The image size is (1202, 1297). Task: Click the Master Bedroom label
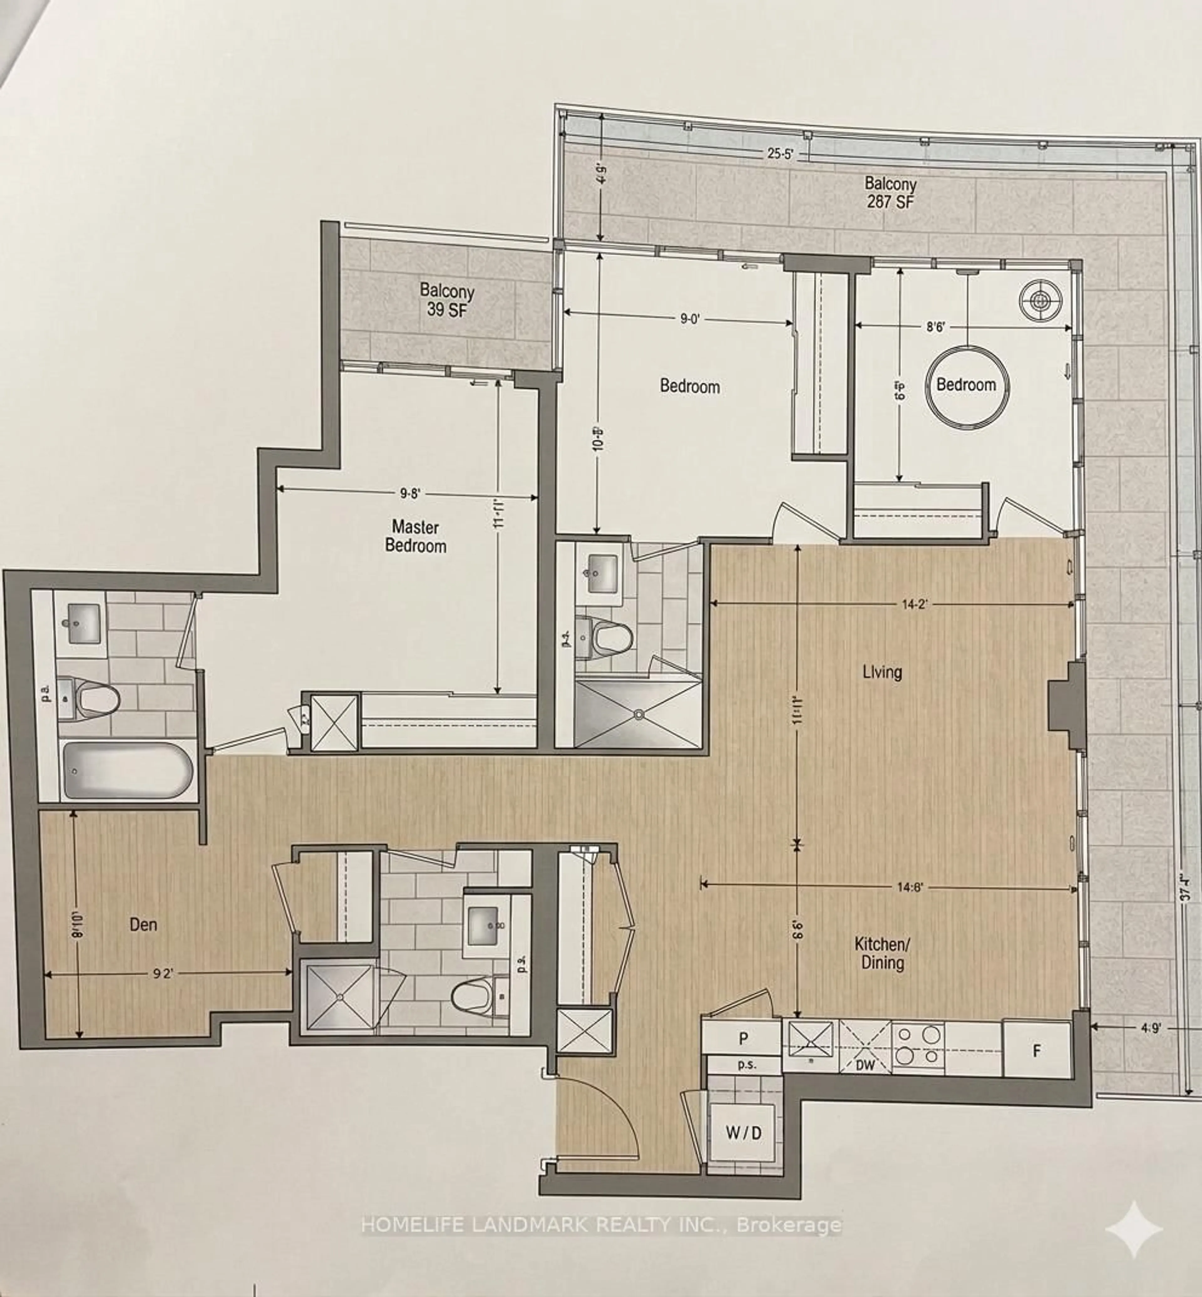416,536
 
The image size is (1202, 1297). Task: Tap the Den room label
143,924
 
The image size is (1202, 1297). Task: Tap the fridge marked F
1037,1050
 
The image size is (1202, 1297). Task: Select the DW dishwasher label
865,1065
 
